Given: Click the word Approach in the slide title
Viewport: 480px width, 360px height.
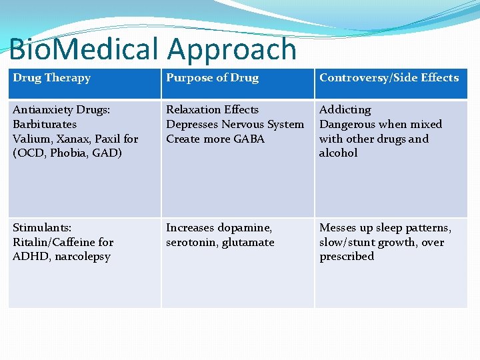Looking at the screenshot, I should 231,50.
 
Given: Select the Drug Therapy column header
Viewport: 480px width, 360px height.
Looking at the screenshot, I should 51,78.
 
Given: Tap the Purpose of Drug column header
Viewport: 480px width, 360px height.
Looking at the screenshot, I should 212,78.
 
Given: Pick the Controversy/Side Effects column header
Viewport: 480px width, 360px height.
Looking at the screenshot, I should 389,78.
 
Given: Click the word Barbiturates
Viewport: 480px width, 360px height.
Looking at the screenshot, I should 45,124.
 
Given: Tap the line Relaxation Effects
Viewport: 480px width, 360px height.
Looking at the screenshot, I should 212,109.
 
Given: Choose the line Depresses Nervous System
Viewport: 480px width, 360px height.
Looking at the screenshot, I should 235,124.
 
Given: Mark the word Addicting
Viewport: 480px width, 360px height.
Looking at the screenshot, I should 345,109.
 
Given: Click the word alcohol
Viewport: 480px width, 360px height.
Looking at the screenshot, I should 338,153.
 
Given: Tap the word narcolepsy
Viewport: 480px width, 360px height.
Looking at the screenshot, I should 83,257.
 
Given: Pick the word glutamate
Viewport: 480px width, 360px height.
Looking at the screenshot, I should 247,243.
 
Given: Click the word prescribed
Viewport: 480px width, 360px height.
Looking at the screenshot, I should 347,257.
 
